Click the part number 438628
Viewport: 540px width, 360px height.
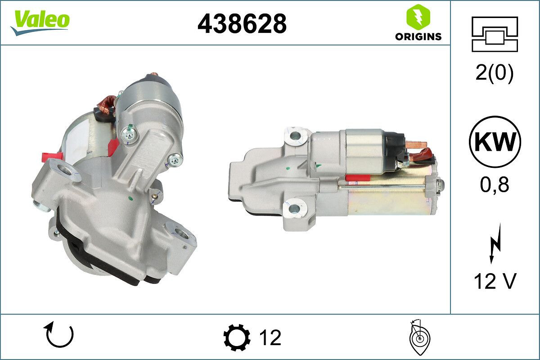click(x=242, y=23)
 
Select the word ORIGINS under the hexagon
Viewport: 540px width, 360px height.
click(x=418, y=37)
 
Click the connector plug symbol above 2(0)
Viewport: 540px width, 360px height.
click(x=495, y=34)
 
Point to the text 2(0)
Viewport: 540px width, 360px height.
click(x=495, y=73)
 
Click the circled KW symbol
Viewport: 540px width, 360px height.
click(x=495, y=142)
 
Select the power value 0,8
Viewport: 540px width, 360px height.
click(x=495, y=184)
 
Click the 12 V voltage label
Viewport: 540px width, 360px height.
click(x=495, y=281)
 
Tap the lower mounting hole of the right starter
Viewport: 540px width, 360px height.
click(x=295, y=208)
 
